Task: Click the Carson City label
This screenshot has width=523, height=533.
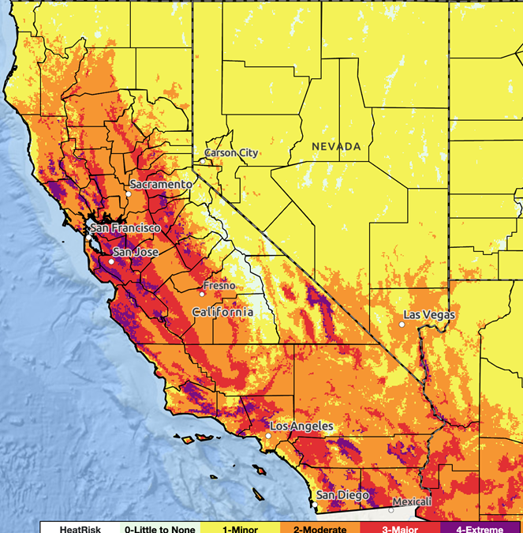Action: (x=231, y=152)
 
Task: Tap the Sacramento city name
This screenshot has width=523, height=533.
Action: (x=161, y=184)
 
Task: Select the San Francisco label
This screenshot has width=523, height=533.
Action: (x=125, y=228)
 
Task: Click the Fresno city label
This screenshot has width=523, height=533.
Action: (x=219, y=285)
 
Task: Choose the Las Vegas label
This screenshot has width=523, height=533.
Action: (x=429, y=315)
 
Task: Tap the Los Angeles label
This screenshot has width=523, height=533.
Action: (x=301, y=426)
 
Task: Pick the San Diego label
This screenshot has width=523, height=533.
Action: (x=342, y=495)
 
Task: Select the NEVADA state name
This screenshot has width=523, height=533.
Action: (x=336, y=147)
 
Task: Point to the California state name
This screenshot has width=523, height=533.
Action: (x=223, y=312)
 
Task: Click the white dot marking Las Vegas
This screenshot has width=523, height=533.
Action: (x=402, y=324)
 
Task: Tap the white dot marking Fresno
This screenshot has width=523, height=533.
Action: (x=202, y=294)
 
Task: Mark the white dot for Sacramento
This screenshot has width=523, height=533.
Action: (x=128, y=193)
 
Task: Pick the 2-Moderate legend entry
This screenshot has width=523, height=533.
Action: (x=319, y=526)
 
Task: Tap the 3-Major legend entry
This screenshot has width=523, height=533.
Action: (x=400, y=526)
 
